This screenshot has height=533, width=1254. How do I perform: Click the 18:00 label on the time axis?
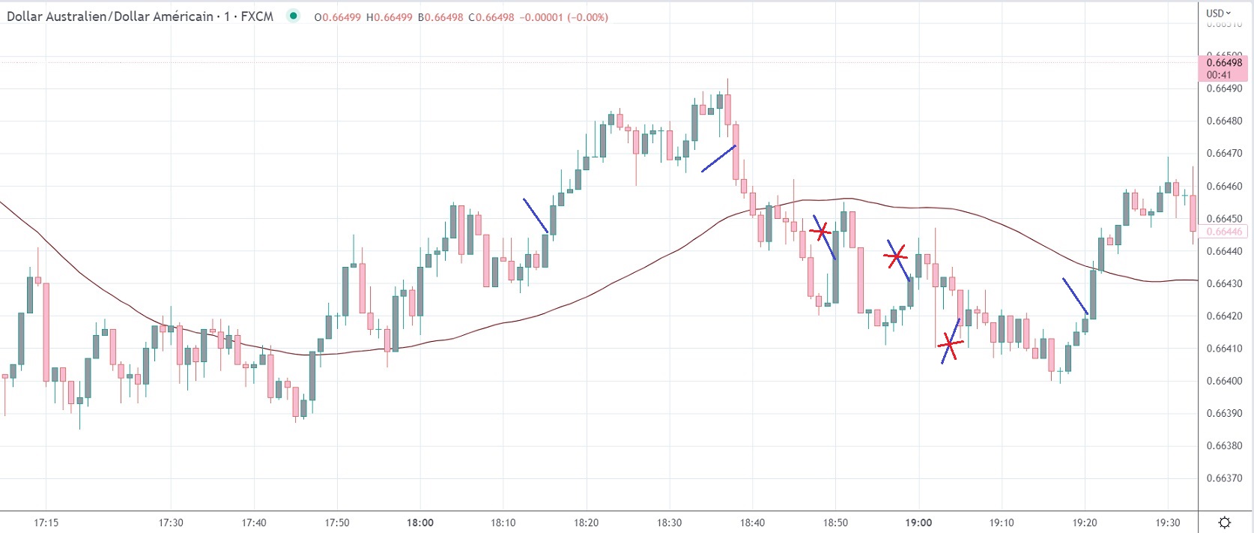click(419, 523)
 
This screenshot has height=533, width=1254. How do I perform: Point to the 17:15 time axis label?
click(46, 523)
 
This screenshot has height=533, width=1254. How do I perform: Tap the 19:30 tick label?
click(1168, 523)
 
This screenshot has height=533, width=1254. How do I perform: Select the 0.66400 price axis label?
click(1224, 381)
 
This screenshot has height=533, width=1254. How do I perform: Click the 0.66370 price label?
click(1224, 478)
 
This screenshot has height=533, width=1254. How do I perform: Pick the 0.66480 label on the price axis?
click(1224, 121)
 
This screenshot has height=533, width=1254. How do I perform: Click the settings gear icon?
click(1225, 523)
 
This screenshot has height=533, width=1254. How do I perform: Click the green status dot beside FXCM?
click(294, 16)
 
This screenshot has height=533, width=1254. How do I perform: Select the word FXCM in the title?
click(257, 16)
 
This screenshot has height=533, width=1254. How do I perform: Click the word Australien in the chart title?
click(77, 16)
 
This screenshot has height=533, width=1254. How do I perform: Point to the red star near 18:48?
click(822, 232)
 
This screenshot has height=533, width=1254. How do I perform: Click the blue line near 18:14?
click(536, 216)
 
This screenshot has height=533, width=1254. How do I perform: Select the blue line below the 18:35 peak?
click(718, 159)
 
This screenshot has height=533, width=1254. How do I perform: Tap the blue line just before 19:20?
click(1075, 297)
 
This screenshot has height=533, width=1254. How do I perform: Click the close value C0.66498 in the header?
click(491, 17)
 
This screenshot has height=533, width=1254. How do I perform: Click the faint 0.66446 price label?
click(1224, 232)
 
